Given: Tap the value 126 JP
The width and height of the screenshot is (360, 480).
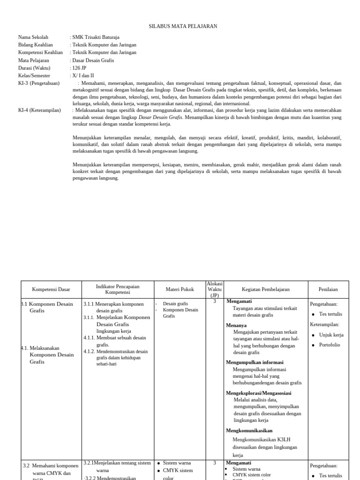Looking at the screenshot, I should (79, 67).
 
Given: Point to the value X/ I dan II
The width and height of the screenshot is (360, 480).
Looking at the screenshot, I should (83, 75).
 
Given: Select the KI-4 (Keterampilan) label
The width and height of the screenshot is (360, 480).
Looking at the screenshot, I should (39, 110).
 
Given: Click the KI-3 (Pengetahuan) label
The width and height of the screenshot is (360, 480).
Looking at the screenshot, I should (39, 83).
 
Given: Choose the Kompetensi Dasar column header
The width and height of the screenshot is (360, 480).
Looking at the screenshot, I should (51, 289).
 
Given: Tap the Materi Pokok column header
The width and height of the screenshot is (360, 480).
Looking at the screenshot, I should (180, 289).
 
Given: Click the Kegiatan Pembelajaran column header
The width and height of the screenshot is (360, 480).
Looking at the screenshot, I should (265, 289).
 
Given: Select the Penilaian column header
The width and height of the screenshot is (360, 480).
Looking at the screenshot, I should (328, 289).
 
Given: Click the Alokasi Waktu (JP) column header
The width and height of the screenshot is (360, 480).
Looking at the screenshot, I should (215, 289).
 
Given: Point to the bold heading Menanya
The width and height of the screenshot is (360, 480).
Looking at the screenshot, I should (236, 325).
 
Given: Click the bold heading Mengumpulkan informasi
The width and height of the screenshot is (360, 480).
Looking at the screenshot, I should (255, 362).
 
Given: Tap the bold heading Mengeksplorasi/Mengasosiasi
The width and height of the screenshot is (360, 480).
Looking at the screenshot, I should (258, 393).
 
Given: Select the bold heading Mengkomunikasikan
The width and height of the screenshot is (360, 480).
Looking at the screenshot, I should (249, 430).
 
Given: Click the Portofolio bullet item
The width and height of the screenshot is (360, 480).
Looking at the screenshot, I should (330, 345).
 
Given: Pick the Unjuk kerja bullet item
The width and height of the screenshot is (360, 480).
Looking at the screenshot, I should (331, 335).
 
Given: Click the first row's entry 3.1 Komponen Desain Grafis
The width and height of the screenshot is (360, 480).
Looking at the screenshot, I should (49, 307).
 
